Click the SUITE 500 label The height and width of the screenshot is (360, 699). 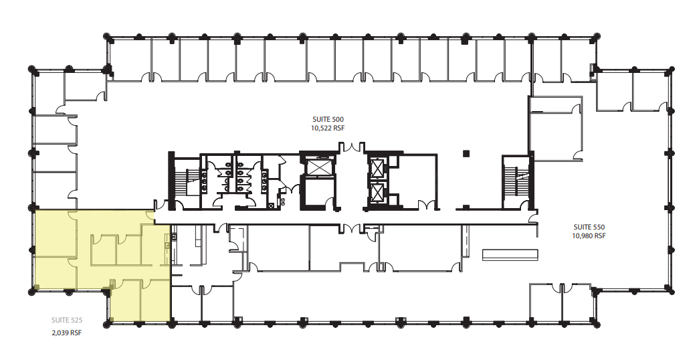click(x=328, y=120)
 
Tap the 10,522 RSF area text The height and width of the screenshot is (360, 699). click(x=328, y=128)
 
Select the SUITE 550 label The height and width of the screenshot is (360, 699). click(x=589, y=227)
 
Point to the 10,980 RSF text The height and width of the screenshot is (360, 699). click(x=589, y=236)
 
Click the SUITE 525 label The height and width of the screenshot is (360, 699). click(x=67, y=320)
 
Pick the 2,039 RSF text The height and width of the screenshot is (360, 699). click(x=67, y=333)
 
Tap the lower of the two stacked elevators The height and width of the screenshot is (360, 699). click(x=377, y=193)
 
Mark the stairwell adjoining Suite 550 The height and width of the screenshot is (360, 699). click(x=516, y=182)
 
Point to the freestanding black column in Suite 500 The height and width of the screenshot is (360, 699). click(x=466, y=154)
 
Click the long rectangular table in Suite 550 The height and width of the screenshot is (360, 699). click(x=510, y=254)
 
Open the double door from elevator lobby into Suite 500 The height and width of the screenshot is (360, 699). click(x=353, y=147)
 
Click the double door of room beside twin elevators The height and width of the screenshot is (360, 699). click(x=425, y=205)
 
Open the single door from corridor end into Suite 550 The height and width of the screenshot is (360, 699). click(x=532, y=217)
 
